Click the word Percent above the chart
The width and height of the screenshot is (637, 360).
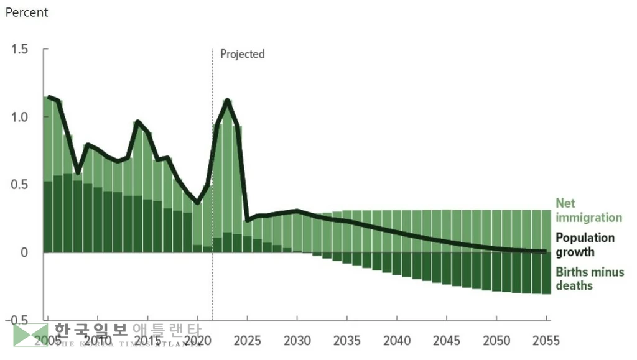pyautogui.click(x=26, y=12)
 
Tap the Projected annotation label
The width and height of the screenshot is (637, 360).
pyautogui.click(x=242, y=54)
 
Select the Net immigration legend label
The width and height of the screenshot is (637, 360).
pyautogui.click(x=588, y=210)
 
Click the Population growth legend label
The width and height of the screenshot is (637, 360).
pyautogui.click(x=584, y=244)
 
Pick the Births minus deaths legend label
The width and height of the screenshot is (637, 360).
pyautogui.click(x=589, y=279)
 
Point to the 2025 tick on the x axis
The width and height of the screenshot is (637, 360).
pyautogui.click(x=247, y=341)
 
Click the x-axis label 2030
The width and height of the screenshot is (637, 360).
pyautogui.click(x=297, y=341)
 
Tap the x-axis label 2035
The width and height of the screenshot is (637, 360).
pyautogui.click(x=346, y=341)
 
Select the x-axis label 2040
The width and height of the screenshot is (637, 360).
pyautogui.click(x=396, y=341)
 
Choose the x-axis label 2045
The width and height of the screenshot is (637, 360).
pyautogui.click(x=446, y=341)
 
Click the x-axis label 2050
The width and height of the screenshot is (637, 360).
pyautogui.click(x=496, y=341)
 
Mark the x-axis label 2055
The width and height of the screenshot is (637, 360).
pyautogui.click(x=546, y=341)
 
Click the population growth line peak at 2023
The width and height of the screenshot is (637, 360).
pyautogui.click(x=228, y=100)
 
